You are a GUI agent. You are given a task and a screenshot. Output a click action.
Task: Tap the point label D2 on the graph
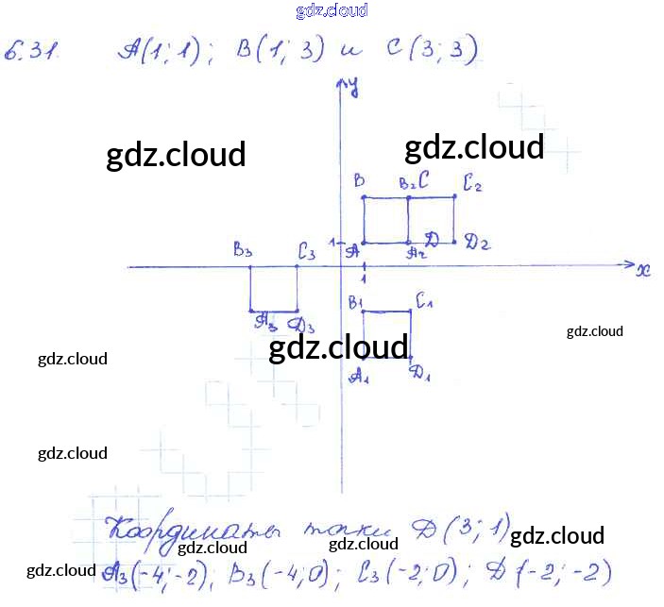coord(476,243)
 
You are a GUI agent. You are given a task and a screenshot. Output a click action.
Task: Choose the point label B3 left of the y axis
coord(244,250)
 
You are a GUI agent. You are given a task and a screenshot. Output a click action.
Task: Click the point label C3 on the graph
coord(306,251)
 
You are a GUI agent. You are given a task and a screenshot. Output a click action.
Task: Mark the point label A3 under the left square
coord(265,321)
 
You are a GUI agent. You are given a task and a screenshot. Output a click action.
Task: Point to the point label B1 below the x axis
coord(356,303)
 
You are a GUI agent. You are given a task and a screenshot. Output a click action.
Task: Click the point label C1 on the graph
coord(424,302)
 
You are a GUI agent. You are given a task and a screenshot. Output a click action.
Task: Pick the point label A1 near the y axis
coord(358,375)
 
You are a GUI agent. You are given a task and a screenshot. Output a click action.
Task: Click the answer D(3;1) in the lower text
coord(468,524)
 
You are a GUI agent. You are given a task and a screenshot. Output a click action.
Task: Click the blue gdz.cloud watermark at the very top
coord(332,11)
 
